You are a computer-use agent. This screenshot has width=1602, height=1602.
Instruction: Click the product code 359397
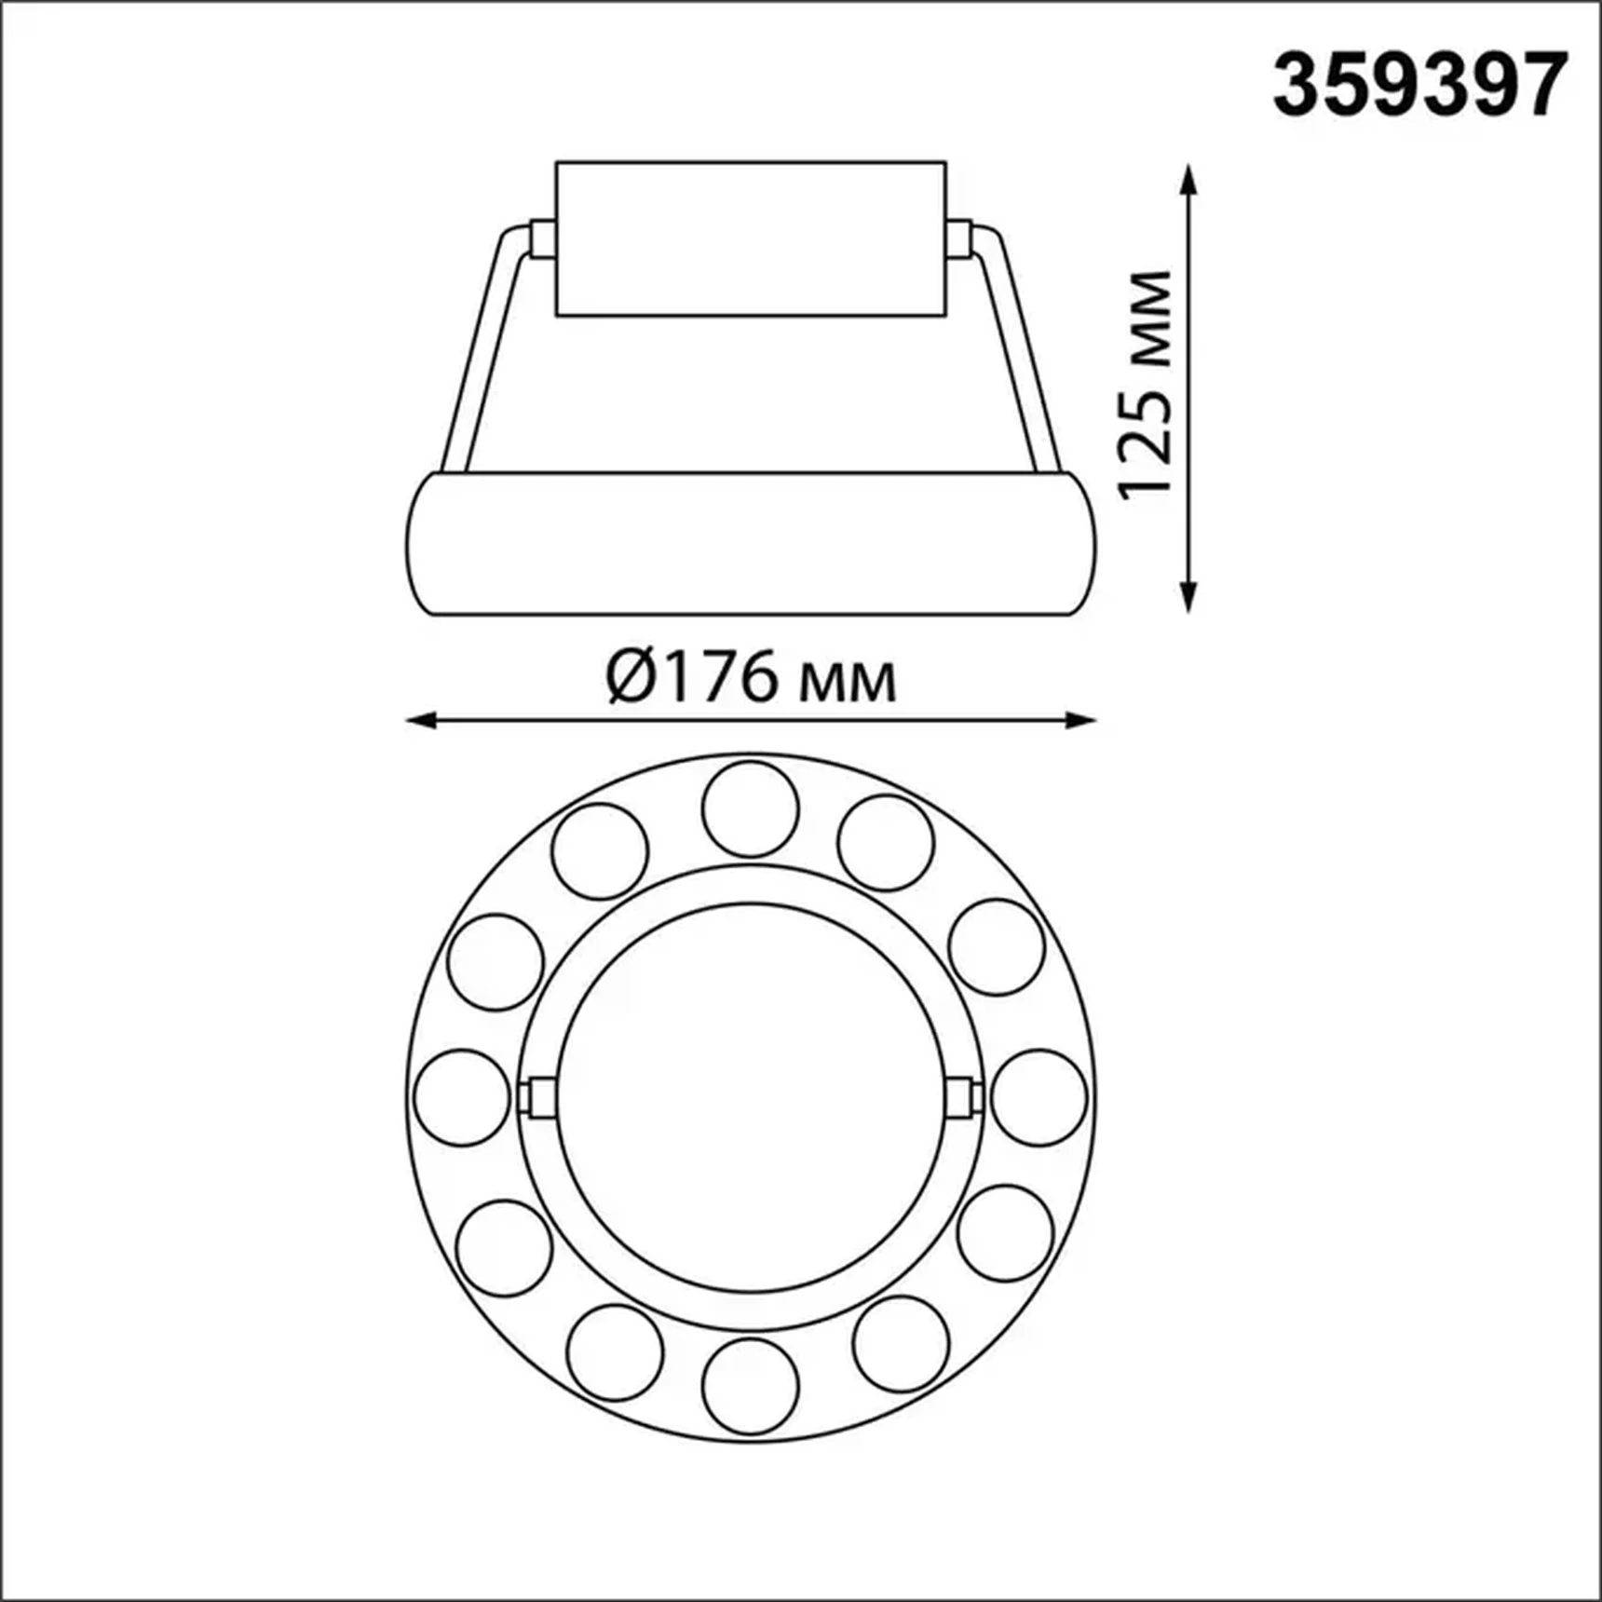1419,85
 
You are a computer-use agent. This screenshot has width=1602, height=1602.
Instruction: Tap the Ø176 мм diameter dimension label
751,678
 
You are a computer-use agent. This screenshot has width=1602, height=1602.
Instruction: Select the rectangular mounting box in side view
751,238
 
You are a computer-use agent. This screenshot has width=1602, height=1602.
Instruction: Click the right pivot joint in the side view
960,238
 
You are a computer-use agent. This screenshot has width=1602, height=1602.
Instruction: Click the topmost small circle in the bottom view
750,808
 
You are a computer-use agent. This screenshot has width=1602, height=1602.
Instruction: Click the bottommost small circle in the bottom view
750,1386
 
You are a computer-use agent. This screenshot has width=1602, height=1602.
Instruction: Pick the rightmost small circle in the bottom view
1039,1097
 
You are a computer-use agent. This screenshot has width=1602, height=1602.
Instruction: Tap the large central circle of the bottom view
750,1097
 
